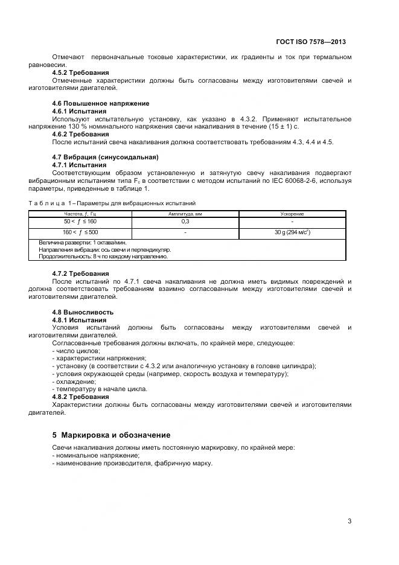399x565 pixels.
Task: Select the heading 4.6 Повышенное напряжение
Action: (101, 103)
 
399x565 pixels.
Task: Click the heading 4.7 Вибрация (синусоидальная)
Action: (105, 158)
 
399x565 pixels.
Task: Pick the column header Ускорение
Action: (292, 214)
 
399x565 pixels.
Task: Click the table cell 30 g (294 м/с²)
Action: (293, 232)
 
